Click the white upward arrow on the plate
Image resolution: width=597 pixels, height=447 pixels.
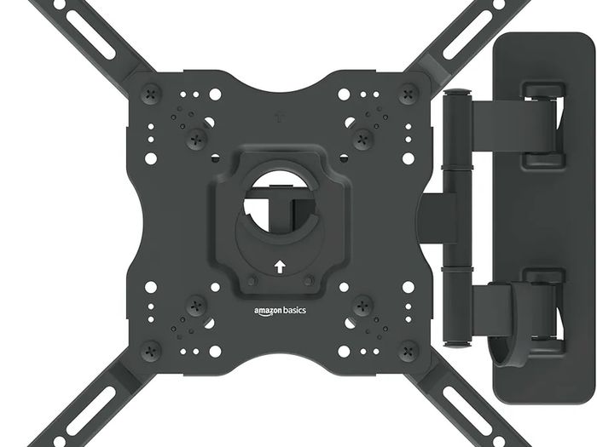point(280,266)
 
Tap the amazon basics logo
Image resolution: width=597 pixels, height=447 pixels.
point(280,311)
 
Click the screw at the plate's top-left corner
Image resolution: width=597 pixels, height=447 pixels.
point(151,94)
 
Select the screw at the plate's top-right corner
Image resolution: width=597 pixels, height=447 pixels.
point(409,94)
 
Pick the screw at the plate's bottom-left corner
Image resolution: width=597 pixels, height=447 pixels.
point(151,351)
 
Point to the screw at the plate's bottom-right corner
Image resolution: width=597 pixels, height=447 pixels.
point(409,351)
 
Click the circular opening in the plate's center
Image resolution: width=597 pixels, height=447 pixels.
point(280,202)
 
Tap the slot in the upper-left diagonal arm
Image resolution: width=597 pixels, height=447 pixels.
point(90,34)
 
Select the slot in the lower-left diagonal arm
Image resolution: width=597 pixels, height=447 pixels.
point(90,411)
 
